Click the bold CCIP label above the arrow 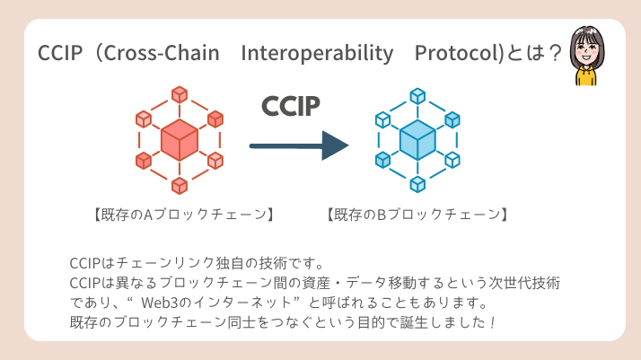[x=291, y=106]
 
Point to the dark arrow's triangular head [x=335, y=145]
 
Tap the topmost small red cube [x=180, y=92]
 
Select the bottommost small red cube [x=180, y=185]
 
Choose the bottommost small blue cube [x=417, y=184]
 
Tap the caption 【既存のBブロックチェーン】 [x=417, y=215]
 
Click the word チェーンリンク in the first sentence [x=156, y=263]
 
